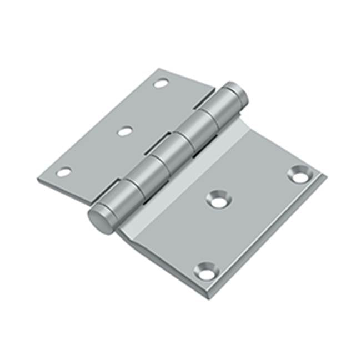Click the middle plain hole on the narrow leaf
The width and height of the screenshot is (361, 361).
(125, 131)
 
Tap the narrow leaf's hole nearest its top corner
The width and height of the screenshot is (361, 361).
(161, 84)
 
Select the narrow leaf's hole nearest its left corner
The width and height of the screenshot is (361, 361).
(64, 172)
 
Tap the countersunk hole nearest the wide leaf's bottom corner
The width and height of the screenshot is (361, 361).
(207, 272)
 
